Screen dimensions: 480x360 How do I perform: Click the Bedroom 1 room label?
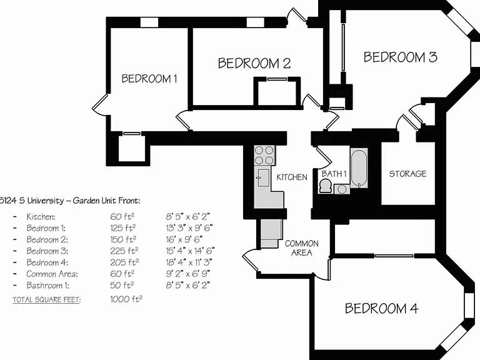pyautogui.click(x=149, y=79)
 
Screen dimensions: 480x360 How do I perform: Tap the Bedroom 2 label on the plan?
pyautogui.click(x=254, y=63)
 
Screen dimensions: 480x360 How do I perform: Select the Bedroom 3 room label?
pyautogui.click(x=401, y=57)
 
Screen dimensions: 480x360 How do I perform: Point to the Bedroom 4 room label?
pyautogui.click(x=381, y=308)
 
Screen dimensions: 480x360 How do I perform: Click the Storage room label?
pyautogui.click(x=407, y=174)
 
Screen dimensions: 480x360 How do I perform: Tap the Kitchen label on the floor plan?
pyautogui.click(x=292, y=177)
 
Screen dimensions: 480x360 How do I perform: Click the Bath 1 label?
pyautogui.click(x=334, y=174)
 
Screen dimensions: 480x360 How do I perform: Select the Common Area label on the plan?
pyautogui.click(x=301, y=248)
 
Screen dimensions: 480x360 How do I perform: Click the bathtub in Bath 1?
pyautogui.click(x=359, y=168)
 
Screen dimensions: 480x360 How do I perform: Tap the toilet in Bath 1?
pyautogui.click(x=325, y=186)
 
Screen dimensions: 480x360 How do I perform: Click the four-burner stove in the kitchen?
pyautogui.click(x=264, y=156)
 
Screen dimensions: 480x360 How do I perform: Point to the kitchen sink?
pyautogui.click(x=263, y=178)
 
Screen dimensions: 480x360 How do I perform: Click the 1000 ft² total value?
pyautogui.click(x=126, y=299)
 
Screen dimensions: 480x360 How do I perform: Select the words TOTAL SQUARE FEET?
pyautogui.click(x=46, y=300)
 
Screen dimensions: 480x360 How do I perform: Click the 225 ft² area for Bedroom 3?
pyautogui.click(x=124, y=251)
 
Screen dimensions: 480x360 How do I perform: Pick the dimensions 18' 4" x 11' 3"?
pyautogui.click(x=189, y=262)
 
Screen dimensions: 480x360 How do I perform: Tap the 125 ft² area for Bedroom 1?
pyautogui.click(x=122, y=228)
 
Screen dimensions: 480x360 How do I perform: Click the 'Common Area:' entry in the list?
pyautogui.click(x=52, y=274)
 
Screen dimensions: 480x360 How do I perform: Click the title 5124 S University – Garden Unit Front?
pyautogui.click(x=70, y=201)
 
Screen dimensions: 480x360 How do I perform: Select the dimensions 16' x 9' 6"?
pyautogui.click(x=184, y=239)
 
